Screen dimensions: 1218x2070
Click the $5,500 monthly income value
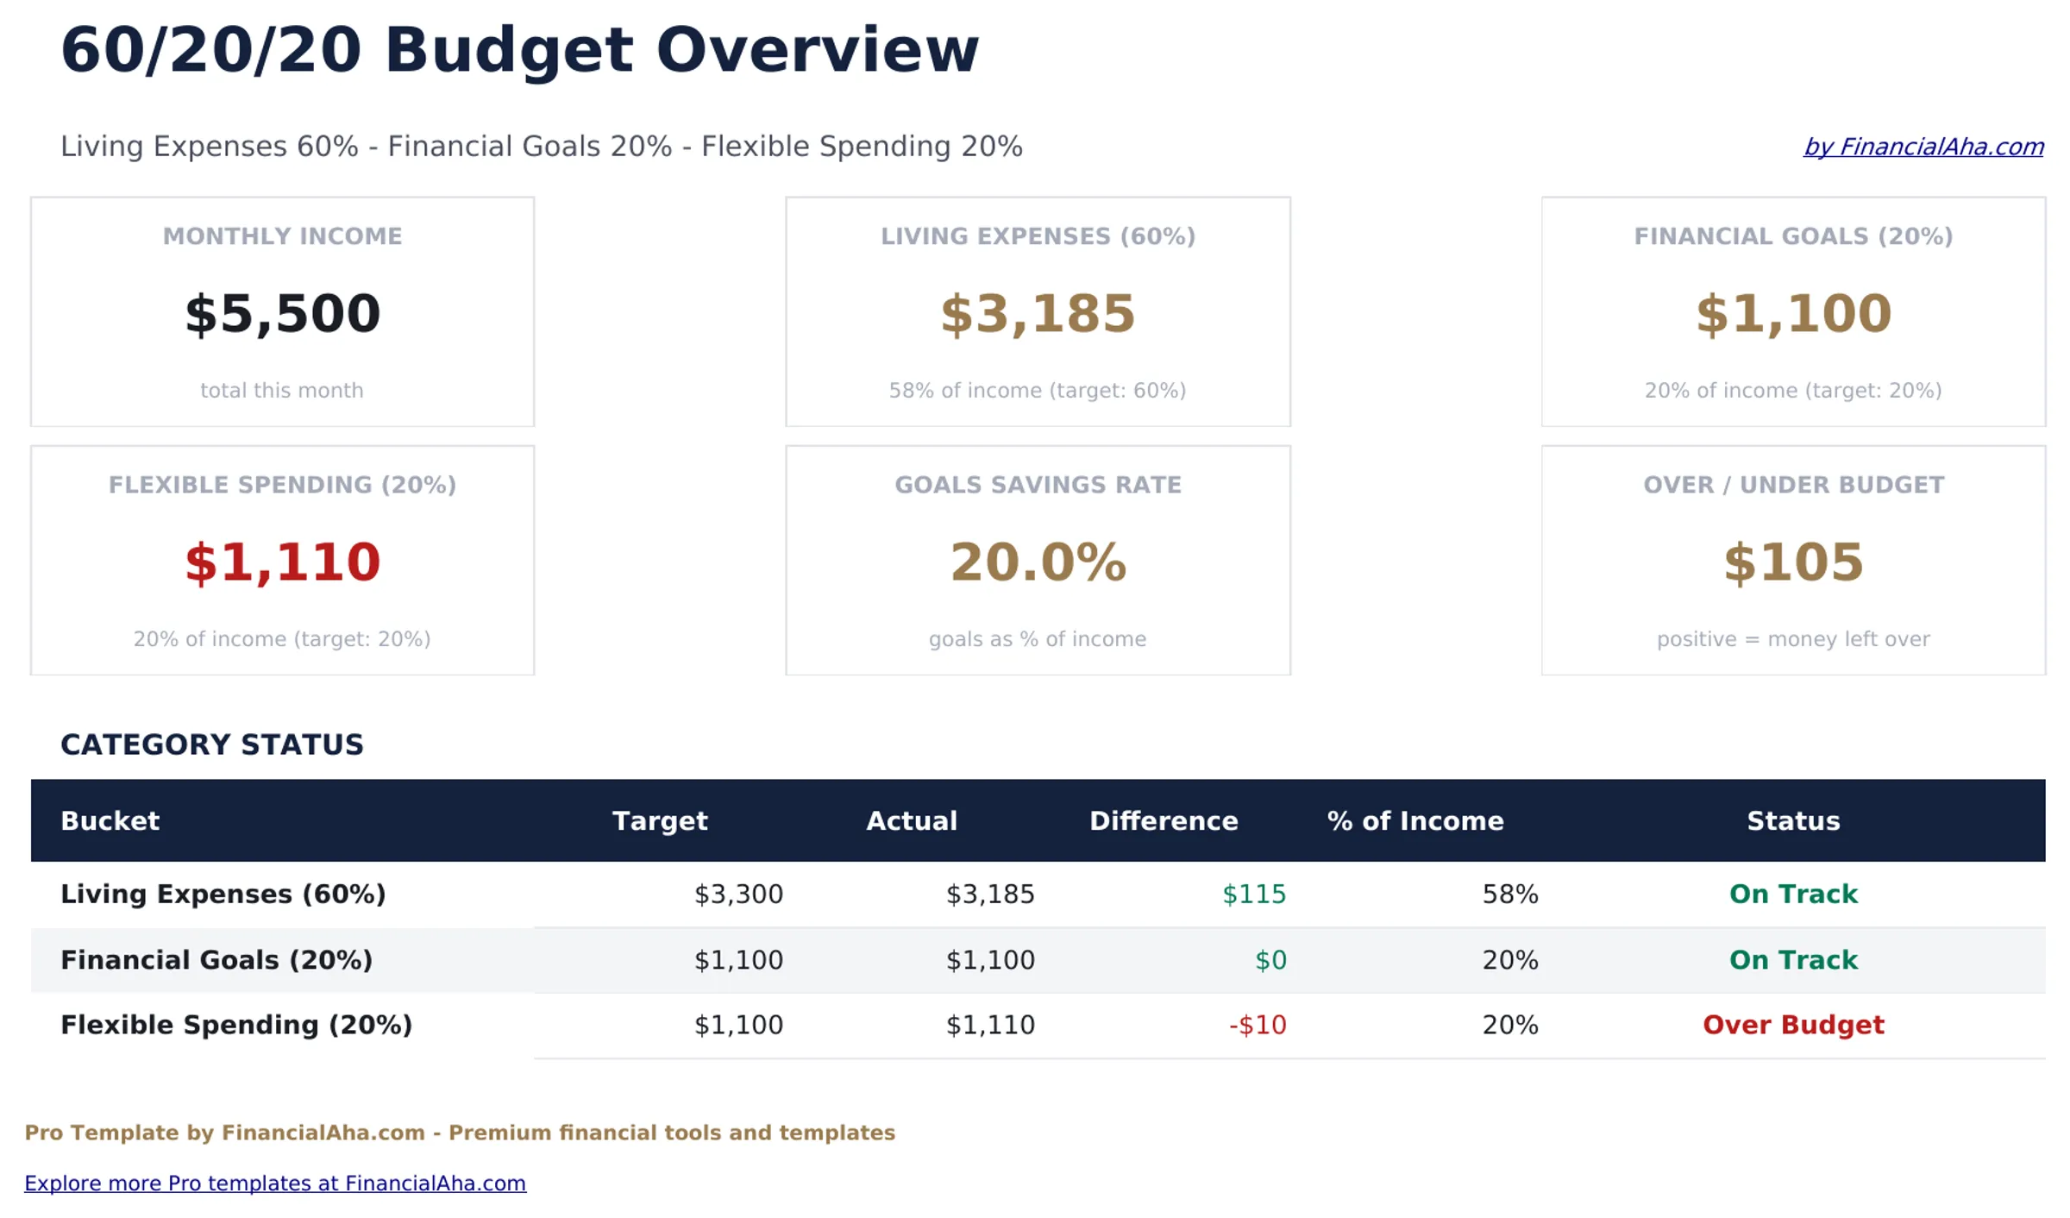point(282,314)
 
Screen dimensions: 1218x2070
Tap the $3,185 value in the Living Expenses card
point(1037,314)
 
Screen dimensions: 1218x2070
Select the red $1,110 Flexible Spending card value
point(282,562)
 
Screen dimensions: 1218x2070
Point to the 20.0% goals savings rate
point(1037,562)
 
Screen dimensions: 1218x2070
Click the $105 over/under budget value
point(1792,562)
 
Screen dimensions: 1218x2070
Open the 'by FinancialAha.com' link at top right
point(1923,147)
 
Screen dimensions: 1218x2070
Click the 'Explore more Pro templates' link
point(274,1183)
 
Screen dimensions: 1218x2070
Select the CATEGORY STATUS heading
point(211,744)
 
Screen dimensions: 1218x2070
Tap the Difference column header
point(1163,820)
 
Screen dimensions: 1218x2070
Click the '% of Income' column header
point(1414,820)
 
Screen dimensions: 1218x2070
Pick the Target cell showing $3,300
point(738,894)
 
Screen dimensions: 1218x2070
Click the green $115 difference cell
point(1253,894)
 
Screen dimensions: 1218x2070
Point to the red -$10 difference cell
point(1257,1025)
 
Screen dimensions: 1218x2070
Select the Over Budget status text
point(1792,1025)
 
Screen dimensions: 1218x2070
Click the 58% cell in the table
point(1509,894)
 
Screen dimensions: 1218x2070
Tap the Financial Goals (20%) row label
point(216,959)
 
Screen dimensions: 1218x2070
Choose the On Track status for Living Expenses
point(1792,894)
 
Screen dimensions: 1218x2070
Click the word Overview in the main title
point(817,50)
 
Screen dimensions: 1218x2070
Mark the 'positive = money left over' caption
point(1792,639)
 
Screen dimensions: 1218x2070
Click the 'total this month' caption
point(282,391)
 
